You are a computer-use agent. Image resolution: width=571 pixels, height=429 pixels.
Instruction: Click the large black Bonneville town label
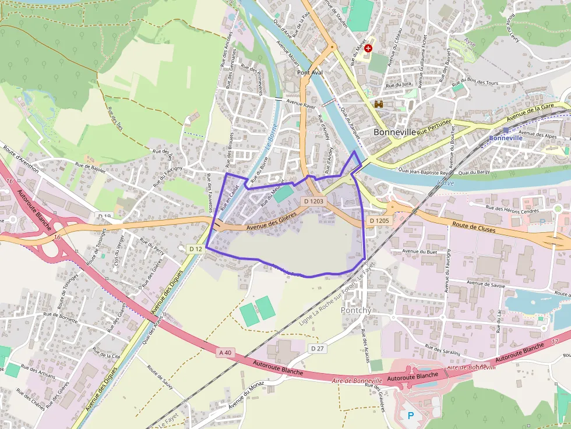click(x=394, y=132)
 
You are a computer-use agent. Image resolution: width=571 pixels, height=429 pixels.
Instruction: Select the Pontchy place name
click(x=355, y=310)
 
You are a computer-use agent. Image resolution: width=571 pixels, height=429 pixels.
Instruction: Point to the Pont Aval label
click(x=311, y=73)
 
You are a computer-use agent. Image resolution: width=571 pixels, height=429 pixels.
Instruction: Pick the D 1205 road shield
click(x=379, y=221)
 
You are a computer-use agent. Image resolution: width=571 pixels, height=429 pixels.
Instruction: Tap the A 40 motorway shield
click(x=225, y=352)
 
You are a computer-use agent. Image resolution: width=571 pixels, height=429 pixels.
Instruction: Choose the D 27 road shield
click(x=316, y=348)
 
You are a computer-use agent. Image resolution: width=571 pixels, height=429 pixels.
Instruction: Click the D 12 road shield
click(x=195, y=249)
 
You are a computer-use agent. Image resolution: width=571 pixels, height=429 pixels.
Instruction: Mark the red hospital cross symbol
click(x=368, y=49)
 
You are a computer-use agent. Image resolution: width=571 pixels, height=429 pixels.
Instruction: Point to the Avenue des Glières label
click(x=271, y=221)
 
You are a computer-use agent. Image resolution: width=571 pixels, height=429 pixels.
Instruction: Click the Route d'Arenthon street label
click(x=20, y=159)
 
